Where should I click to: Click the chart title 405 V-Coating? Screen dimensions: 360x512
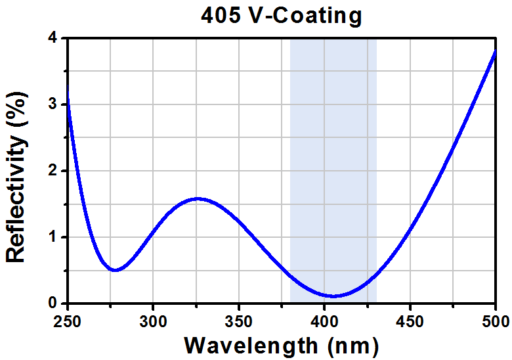coord(281,15)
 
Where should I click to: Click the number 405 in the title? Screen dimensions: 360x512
coord(221,15)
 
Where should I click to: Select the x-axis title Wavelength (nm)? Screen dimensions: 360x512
coord(281,344)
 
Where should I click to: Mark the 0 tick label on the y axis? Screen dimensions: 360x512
coord(53,304)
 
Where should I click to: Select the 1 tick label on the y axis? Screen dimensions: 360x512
coord(53,237)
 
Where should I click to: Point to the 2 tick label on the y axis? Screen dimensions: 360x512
coord(53,171)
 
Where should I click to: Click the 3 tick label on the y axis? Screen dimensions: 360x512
coord(53,104)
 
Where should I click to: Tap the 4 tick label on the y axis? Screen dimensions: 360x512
coord(53,38)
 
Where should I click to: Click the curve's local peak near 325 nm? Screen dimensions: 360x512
coord(197,198)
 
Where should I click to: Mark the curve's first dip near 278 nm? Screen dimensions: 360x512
coord(116,270)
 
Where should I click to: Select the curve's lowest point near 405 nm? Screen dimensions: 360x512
coord(333,296)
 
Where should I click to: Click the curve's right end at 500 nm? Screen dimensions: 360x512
coord(494,52)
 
